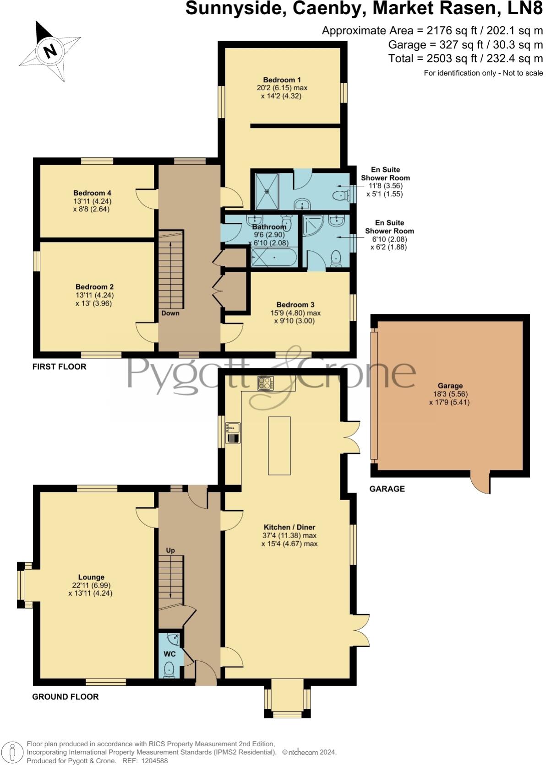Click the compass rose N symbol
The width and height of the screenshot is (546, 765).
(49, 50)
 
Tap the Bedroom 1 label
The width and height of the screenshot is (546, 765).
(282, 80)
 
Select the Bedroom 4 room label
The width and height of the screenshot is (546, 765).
(92, 193)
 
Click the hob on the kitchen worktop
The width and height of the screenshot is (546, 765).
(266, 382)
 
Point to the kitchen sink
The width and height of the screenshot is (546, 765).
(233, 428)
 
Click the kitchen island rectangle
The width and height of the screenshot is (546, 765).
(279, 446)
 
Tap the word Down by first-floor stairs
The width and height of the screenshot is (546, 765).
(170, 313)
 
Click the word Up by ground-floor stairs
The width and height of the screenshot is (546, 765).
(170, 550)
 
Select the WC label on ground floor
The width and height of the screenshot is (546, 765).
(169, 654)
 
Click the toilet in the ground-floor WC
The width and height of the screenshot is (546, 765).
(169, 669)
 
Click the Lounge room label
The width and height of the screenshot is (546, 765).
(91, 577)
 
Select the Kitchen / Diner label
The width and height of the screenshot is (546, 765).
(289, 527)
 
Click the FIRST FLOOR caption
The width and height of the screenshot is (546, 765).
(59, 366)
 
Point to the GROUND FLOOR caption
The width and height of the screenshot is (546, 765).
(65, 697)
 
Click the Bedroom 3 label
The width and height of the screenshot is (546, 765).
(295, 305)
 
